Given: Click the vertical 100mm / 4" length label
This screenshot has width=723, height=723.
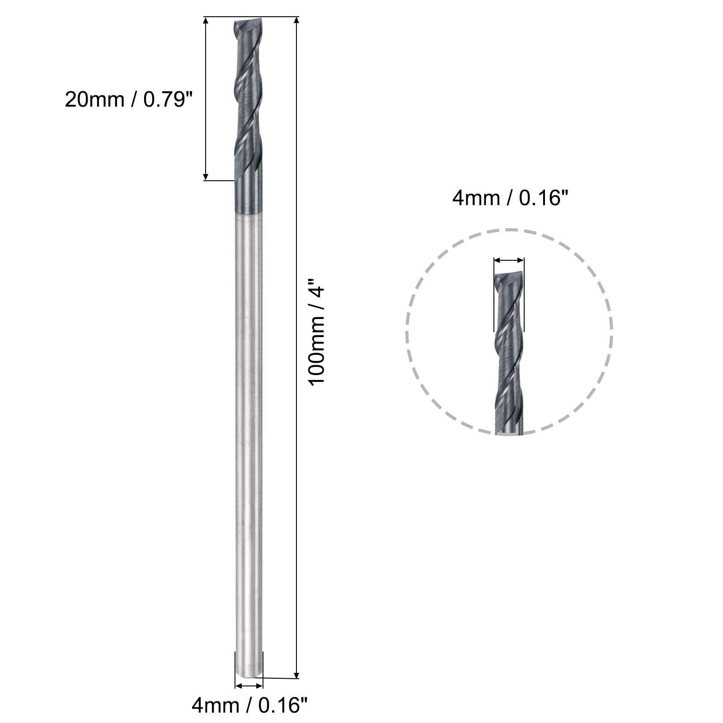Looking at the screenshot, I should pyautogui.click(x=317, y=335).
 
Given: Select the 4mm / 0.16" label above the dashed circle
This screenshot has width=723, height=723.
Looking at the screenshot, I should pyautogui.click(x=509, y=198).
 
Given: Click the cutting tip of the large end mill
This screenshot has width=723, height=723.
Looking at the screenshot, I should pyautogui.click(x=248, y=24).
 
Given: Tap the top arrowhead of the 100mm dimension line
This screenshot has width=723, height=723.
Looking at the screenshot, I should pyautogui.click(x=296, y=20).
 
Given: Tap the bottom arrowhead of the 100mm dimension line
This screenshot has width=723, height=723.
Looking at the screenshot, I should pyautogui.click(x=296, y=675).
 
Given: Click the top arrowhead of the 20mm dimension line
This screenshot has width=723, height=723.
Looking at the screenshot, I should pyautogui.click(x=206, y=21).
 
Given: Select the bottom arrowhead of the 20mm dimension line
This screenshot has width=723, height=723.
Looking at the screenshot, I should pyautogui.click(x=206, y=177).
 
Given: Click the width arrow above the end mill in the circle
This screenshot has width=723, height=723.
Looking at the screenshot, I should pyautogui.click(x=509, y=260).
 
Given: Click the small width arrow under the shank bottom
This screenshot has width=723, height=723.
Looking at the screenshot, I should pyautogui.click(x=249, y=685).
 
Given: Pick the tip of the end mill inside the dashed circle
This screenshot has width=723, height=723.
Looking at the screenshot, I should pyautogui.click(x=509, y=277).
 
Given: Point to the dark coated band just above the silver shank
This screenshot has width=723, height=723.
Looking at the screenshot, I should pyautogui.click(x=248, y=194).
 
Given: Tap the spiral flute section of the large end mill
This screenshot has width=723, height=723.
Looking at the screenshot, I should pyautogui.click(x=248, y=99).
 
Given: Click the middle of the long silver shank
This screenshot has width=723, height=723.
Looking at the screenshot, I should pyautogui.click(x=249, y=443).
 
